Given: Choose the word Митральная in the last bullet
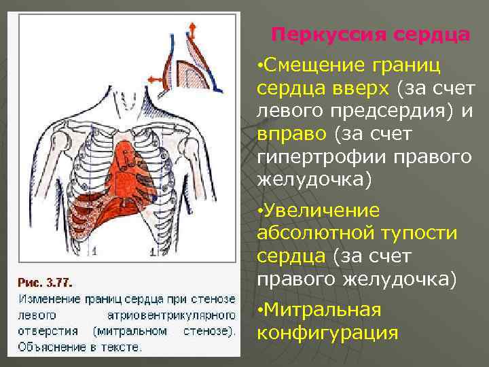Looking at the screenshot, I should (x=323, y=311).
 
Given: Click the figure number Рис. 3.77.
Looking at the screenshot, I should (x=46, y=281).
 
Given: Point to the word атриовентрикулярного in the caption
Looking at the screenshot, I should (x=170, y=315).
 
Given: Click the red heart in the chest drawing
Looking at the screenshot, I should (x=129, y=173).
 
